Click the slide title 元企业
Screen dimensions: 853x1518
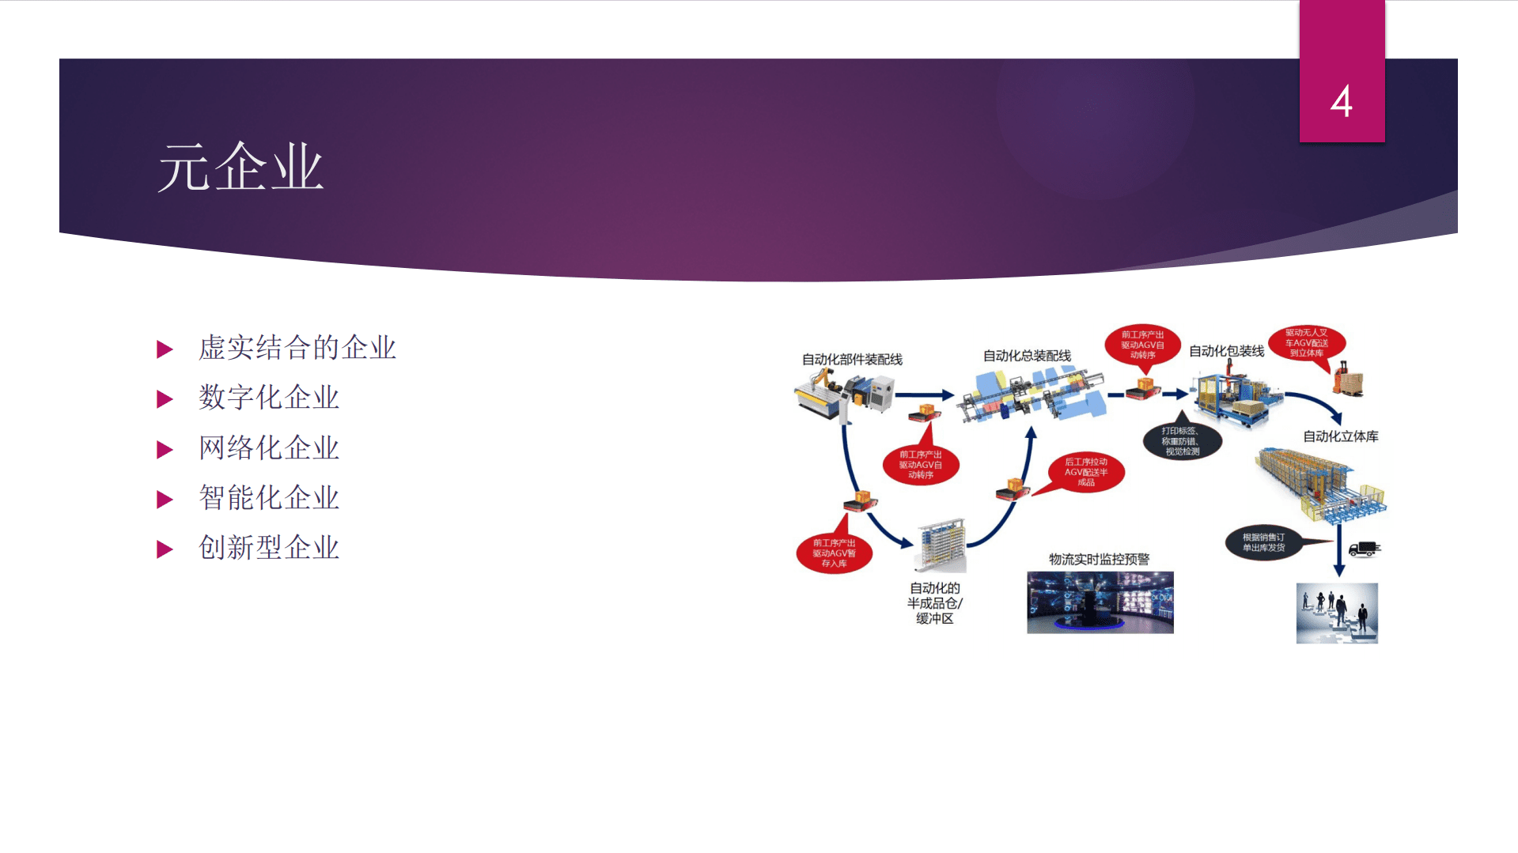click(240, 168)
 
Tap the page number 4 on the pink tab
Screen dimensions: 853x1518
click(1341, 102)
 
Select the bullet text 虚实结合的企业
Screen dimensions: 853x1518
click(297, 348)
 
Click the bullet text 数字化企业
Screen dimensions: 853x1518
click(269, 398)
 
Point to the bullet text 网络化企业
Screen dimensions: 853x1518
click(269, 448)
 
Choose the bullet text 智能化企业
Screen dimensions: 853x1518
click(269, 498)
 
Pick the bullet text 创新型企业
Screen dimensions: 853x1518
click(269, 548)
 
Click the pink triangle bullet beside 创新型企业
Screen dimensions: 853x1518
click(165, 549)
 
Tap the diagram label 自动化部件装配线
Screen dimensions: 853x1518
click(852, 360)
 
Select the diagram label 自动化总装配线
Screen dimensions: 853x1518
click(1027, 357)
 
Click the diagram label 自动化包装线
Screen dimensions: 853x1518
click(1226, 351)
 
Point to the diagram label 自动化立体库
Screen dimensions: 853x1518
click(1340, 436)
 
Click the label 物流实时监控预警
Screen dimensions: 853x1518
click(1099, 560)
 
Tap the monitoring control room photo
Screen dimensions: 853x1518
click(1100, 602)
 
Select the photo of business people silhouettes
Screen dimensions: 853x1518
click(1337, 613)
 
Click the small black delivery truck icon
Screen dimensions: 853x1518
click(1364, 549)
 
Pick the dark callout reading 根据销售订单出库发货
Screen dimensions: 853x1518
click(1263, 542)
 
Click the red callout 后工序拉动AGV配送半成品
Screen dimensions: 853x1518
click(1086, 472)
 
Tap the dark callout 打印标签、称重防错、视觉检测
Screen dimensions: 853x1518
click(1181, 441)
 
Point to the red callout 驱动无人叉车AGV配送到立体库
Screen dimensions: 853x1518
click(1306, 343)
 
